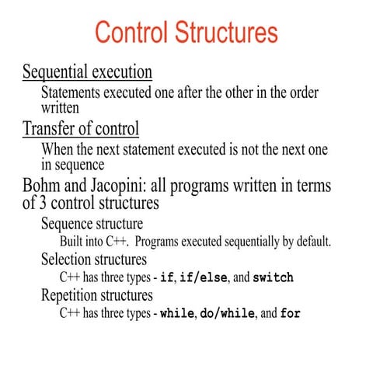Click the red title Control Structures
click(186, 33)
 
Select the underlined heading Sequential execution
click(87, 72)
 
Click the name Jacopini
click(118, 187)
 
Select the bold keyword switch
click(273, 277)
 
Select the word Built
click(73, 242)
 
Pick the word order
click(302, 92)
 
